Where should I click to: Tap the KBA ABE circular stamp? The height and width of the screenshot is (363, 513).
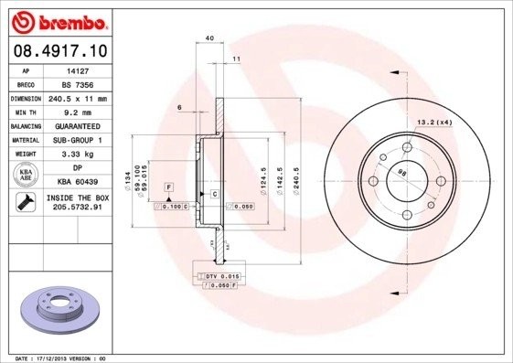[x=26, y=175]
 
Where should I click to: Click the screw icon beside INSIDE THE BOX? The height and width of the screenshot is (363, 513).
[x=26, y=203]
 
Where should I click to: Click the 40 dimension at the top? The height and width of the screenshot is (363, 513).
[x=209, y=37]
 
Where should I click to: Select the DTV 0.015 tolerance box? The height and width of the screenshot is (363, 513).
[x=217, y=275]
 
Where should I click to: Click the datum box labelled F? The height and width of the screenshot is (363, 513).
[x=168, y=187]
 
